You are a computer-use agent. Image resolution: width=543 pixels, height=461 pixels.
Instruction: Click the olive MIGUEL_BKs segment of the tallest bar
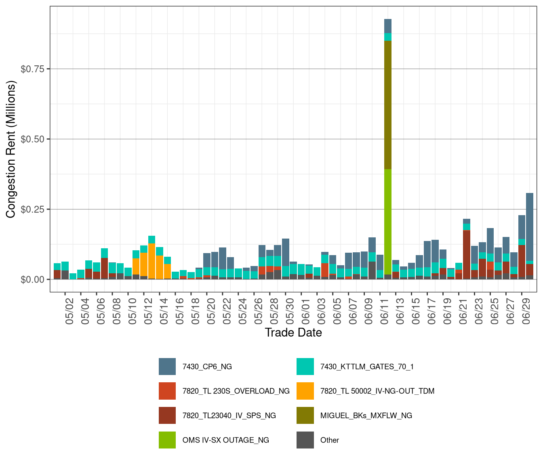[x=388, y=105]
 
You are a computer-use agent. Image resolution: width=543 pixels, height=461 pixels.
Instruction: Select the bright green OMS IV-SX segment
[x=388, y=222]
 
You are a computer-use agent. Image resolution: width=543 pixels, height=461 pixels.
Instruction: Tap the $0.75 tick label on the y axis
[x=32, y=69]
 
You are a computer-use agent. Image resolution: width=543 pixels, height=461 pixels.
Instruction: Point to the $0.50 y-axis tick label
[x=32, y=139]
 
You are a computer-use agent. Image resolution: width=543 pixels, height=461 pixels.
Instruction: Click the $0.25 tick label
[x=32, y=210]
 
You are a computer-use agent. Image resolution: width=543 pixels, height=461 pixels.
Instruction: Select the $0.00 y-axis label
[x=32, y=280]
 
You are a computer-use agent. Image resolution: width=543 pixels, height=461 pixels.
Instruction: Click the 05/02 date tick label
[x=69, y=311]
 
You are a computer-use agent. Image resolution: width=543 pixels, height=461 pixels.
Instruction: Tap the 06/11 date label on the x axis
[x=384, y=311]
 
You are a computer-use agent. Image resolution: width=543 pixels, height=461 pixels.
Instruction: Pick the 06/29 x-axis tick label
[x=526, y=311]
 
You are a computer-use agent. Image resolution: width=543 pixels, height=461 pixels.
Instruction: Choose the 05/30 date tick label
[x=290, y=311]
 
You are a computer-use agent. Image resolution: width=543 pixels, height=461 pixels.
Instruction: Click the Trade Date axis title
[x=293, y=333]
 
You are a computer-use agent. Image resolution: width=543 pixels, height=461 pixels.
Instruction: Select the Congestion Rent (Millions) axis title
[x=11, y=149]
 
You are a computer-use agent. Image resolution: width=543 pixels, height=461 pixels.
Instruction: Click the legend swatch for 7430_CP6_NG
[x=167, y=367]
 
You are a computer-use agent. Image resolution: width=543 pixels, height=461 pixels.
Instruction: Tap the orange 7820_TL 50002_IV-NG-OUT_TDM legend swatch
[x=305, y=391]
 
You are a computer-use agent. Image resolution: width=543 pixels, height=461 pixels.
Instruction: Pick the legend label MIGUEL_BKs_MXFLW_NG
[x=366, y=416]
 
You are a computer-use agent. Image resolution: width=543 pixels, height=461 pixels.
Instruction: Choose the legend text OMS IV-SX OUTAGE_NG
[x=225, y=440]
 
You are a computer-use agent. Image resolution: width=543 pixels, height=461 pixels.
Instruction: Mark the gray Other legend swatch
[x=305, y=440]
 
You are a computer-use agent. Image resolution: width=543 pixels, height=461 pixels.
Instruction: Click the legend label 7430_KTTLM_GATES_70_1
[x=367, y=367]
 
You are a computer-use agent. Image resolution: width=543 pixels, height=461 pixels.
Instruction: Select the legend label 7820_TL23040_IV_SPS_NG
[x=229, y=416]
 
